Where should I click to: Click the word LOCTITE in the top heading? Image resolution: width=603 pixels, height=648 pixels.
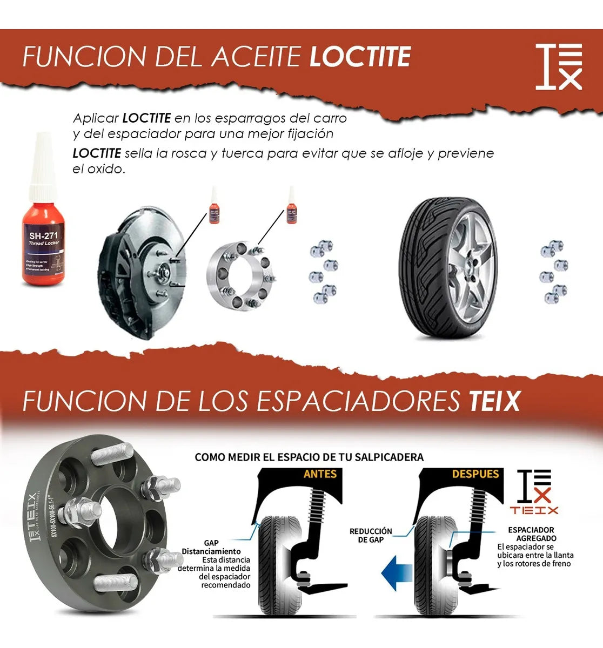click(x=360, y=57)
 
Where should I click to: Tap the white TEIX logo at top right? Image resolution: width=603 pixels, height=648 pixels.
click(x=559, y=66)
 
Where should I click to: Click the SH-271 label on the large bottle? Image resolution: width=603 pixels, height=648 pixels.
click(x=44, y=235)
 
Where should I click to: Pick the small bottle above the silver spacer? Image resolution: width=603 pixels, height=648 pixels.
click(x=292, y=207)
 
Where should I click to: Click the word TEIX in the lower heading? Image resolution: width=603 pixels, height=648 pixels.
click(x=494, y=401)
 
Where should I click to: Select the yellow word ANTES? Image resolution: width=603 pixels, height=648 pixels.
click(x=320, y=474)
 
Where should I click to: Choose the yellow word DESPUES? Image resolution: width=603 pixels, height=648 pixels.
click(x=475, y=474)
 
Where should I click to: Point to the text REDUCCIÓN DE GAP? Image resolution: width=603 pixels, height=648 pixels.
click(x=371, y=536)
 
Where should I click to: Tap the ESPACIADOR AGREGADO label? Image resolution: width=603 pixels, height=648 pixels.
click(x=532, y=534)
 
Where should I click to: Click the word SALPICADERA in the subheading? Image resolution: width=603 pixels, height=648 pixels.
click(x=389, y=457)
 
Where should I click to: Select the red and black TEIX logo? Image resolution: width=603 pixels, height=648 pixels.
click(x=534, y=491)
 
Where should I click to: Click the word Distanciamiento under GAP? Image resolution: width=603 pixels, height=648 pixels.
click(x=211, y=551)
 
